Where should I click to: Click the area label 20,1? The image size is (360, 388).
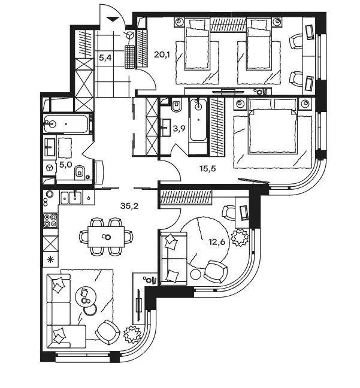coord(162,54)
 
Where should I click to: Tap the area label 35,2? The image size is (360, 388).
coord(129,205)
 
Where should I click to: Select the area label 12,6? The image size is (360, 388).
coord(217,242)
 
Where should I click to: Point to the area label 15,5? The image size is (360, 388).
coord(208,169)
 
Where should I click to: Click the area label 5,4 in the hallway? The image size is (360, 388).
coord(105,58)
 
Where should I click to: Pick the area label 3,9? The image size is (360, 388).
coord(179,128)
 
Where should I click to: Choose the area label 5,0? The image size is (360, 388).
coord(66,165)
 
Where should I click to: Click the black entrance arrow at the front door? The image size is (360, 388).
coord(112,19)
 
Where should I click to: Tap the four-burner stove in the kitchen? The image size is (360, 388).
coord(50,220)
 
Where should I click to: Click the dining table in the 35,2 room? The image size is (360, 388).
coord(106,237)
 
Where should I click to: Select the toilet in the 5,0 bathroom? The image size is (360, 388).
coord(80,171)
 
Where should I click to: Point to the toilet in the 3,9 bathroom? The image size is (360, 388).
coord(176,105)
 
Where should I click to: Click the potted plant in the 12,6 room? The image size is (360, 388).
coord(240,237)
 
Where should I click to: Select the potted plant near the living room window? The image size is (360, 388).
coord(132,335)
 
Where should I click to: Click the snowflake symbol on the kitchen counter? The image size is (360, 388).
coord(50,260)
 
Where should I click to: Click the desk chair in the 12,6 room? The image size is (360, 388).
coord(228,213)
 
